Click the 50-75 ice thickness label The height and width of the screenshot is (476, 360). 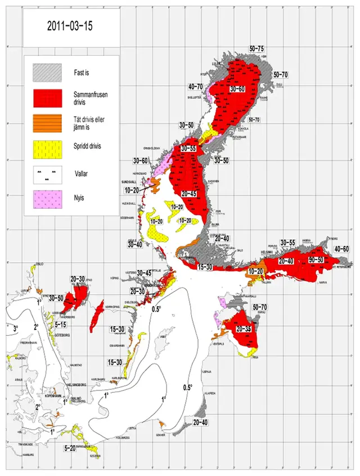click(260, 50)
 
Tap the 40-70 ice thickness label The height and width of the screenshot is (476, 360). click(195, 86)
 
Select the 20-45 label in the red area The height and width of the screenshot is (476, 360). click(190, 194)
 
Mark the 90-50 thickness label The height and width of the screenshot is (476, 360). click(316, 260)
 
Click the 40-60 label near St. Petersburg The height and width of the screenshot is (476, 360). click(341, 249)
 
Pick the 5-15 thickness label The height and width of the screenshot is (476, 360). click(61, 325)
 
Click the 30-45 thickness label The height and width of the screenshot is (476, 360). click(145, 273)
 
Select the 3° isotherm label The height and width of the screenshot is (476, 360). click(16, 327)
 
